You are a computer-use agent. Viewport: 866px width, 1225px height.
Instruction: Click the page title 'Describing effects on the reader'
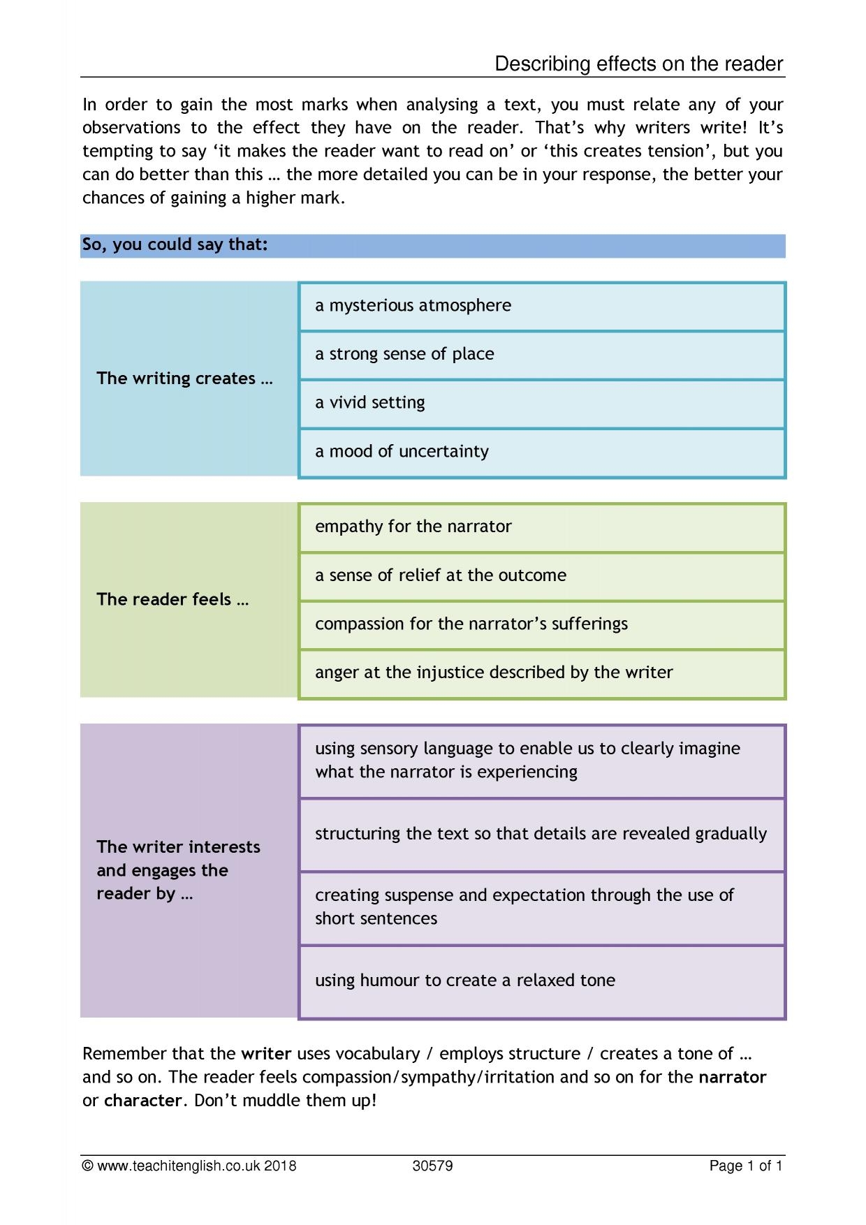click(x=638, y=64)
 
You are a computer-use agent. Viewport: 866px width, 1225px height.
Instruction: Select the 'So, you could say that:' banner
click(x=432, y=246)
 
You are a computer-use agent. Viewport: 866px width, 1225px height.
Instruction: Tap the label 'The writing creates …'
click(x=184, y=379)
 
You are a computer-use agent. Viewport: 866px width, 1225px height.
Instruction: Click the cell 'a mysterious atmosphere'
click(x=541, y=306)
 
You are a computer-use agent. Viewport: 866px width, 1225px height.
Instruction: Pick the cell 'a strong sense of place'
click(x=541, y=355)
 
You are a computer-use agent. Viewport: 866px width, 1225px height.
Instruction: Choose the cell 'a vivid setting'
click(x=541, y=403)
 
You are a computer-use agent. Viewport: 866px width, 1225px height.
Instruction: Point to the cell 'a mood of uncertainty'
click(x=541, y=452)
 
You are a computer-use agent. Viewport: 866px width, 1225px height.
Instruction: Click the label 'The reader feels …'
click(x=173, y=599)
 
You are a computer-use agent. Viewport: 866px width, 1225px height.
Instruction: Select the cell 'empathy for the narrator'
click(x=541, y=527)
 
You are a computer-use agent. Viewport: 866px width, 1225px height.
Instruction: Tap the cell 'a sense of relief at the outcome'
click(x=541, y=575)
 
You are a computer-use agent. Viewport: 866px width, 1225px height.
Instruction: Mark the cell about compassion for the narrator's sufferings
click(x=541, y=624)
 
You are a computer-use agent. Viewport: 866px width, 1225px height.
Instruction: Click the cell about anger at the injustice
click(x=541, y=673)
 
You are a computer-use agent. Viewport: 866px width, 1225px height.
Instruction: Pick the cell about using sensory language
click(x=541, y=761)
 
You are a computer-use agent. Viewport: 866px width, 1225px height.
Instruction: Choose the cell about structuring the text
click(x=541, y=834)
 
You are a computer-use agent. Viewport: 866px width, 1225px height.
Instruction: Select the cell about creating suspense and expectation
click(x=541, y=907)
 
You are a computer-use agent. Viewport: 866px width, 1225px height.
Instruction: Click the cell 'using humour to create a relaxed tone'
click(x=541, y=981)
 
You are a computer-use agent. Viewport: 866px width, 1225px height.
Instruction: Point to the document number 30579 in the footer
click(x=433, y=1166)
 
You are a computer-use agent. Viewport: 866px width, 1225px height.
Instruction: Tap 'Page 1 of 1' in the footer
click(x=746, y=1166)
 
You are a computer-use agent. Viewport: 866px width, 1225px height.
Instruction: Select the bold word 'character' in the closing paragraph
click(x=143, y=1101)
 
